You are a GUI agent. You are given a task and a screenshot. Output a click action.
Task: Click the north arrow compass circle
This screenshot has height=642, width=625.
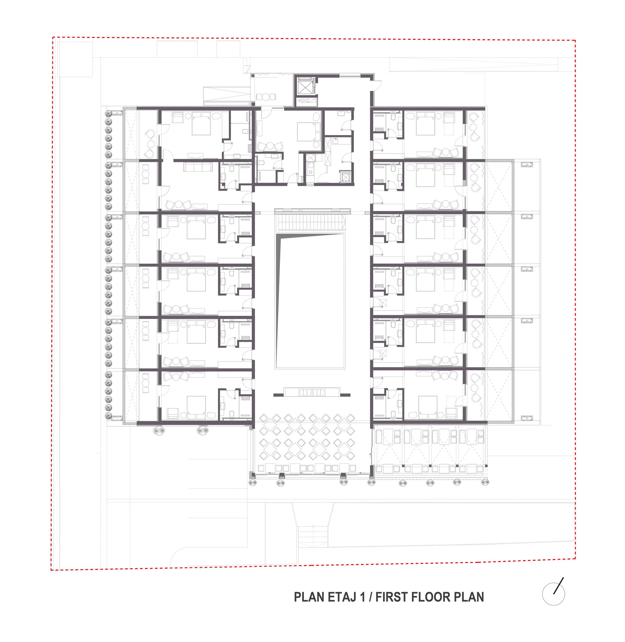553,594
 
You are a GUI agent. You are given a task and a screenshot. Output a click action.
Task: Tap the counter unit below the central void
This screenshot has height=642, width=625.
312,392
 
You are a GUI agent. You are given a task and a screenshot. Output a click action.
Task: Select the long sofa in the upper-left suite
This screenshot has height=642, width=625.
198,167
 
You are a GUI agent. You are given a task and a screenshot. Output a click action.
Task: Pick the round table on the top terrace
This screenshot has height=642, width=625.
266,97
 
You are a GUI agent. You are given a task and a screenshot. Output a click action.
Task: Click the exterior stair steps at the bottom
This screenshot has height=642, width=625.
313,536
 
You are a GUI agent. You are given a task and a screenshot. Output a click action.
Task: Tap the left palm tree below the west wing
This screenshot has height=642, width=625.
159,430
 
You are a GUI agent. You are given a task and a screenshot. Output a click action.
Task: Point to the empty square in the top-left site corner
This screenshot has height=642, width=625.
75,60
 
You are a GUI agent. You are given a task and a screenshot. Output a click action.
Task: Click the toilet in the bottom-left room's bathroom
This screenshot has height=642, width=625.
232,415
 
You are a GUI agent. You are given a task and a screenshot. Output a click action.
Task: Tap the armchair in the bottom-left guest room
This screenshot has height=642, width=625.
173,413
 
